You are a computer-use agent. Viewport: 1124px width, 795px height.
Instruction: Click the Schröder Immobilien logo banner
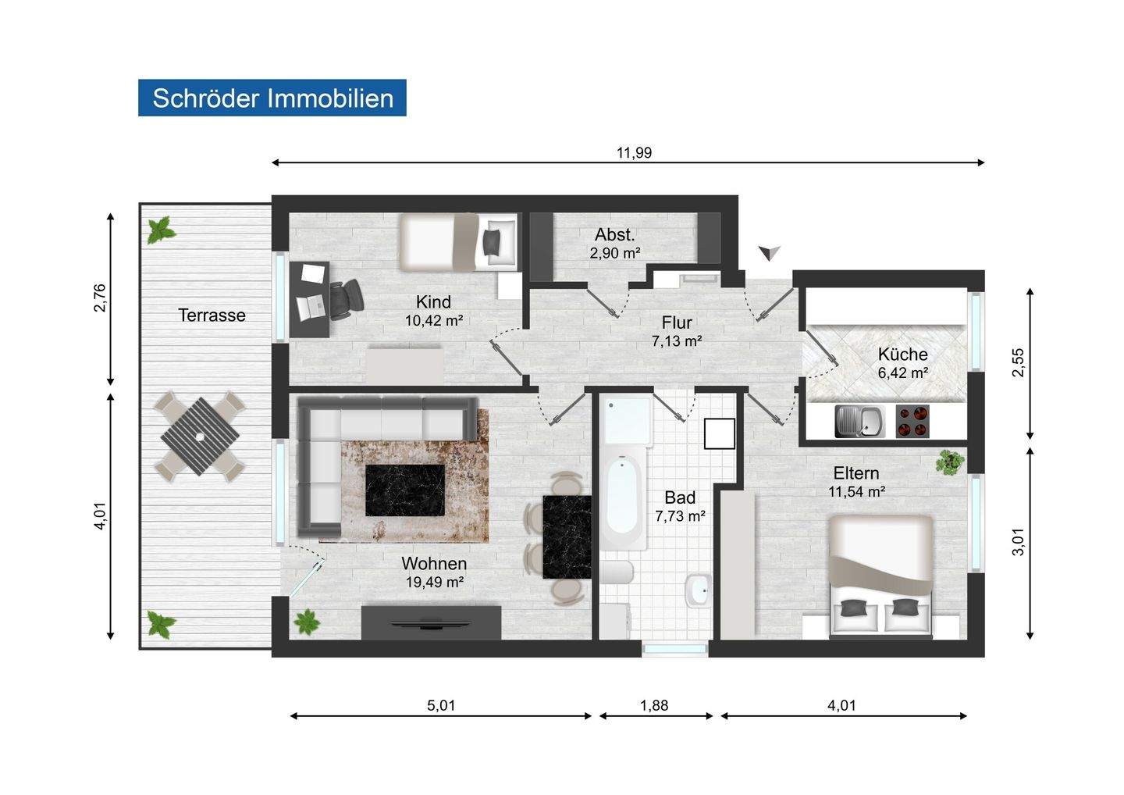[x=272, y=98]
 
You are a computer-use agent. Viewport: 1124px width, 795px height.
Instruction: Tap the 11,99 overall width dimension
[x=634, y=152]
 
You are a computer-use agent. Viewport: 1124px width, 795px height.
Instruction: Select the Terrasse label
[x=212, y=316]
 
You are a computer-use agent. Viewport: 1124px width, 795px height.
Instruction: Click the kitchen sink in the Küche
[x=859, y=421]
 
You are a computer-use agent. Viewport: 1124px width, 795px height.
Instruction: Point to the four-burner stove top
[x=912, y=421]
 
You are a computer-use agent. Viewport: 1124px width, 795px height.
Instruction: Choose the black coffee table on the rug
[x=404, y=490]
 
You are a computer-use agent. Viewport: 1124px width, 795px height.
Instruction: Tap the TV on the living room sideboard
[x=431, y=624]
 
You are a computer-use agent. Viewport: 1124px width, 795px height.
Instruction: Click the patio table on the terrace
[x=200, y=437]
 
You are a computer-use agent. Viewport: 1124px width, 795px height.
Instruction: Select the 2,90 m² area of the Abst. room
[x=615, y=254]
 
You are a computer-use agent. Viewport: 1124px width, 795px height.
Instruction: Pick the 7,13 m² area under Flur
[x=677, y=341]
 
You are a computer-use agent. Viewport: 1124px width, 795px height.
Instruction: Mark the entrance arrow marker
[x=770, y=253]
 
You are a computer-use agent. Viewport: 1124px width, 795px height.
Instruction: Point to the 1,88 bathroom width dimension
[x=654, y=706]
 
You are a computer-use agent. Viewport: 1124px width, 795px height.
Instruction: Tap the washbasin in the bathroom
[x=698, y=591]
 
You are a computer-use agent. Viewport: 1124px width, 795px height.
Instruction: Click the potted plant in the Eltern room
[x=949, y=462]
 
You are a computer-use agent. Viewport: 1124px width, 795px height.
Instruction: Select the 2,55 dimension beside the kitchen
[x=1018, y=362]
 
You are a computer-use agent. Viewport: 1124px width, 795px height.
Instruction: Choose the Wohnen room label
[x=434, y=564]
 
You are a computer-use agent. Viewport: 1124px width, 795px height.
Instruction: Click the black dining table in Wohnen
[x=567, y=537]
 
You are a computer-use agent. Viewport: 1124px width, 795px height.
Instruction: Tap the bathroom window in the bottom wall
[x=675, y=649]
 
